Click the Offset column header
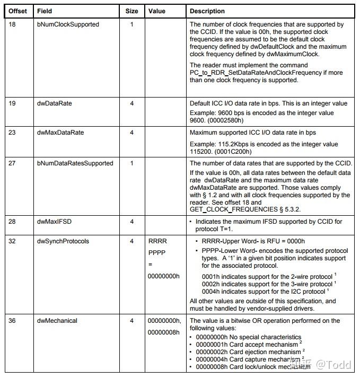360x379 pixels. click(x=17, y=11)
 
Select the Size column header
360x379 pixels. click(x=131, y=11)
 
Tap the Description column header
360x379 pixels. click(x=207, y=11)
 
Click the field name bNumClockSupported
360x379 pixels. click(x=68, y=24)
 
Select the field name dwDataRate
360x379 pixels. click(x=54, y=103)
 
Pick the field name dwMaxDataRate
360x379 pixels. click(x=60, y=133)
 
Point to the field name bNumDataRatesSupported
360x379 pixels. click(x=75, y=163)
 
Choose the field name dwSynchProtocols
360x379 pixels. click(x=63, y=241)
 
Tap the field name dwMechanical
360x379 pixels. click(x=57, y=321)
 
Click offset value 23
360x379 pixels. click(x=12, y=133)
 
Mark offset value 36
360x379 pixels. click(x=12, y=321)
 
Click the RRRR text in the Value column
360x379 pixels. click(x=158, y=241)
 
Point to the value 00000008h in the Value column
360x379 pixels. click(x=164, y=332)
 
